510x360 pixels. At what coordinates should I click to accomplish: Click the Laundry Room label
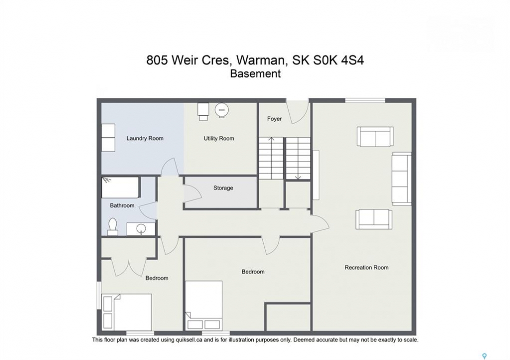tap(145, 138)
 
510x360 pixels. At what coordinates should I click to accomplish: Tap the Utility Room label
tap(219, 138)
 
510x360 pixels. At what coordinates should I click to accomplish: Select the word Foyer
tap(274, 119)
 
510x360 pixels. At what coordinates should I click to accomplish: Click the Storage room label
tap(223, 188)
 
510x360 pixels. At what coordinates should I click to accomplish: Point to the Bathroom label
tap(122, 205)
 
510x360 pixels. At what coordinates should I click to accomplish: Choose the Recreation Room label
tap(366, 267)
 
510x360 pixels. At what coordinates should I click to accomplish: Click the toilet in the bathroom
tap(113, 226)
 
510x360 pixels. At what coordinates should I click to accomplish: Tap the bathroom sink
tap(141, 228)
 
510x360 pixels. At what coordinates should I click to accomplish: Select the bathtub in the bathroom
tap(121, 187)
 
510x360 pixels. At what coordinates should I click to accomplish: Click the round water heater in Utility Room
tap(222, 110)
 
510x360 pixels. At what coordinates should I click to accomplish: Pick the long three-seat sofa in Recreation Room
tap(402, 178)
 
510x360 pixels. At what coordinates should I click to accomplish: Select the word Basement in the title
tap(255, 73)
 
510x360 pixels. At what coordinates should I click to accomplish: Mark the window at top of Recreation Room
tap(365, 100)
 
